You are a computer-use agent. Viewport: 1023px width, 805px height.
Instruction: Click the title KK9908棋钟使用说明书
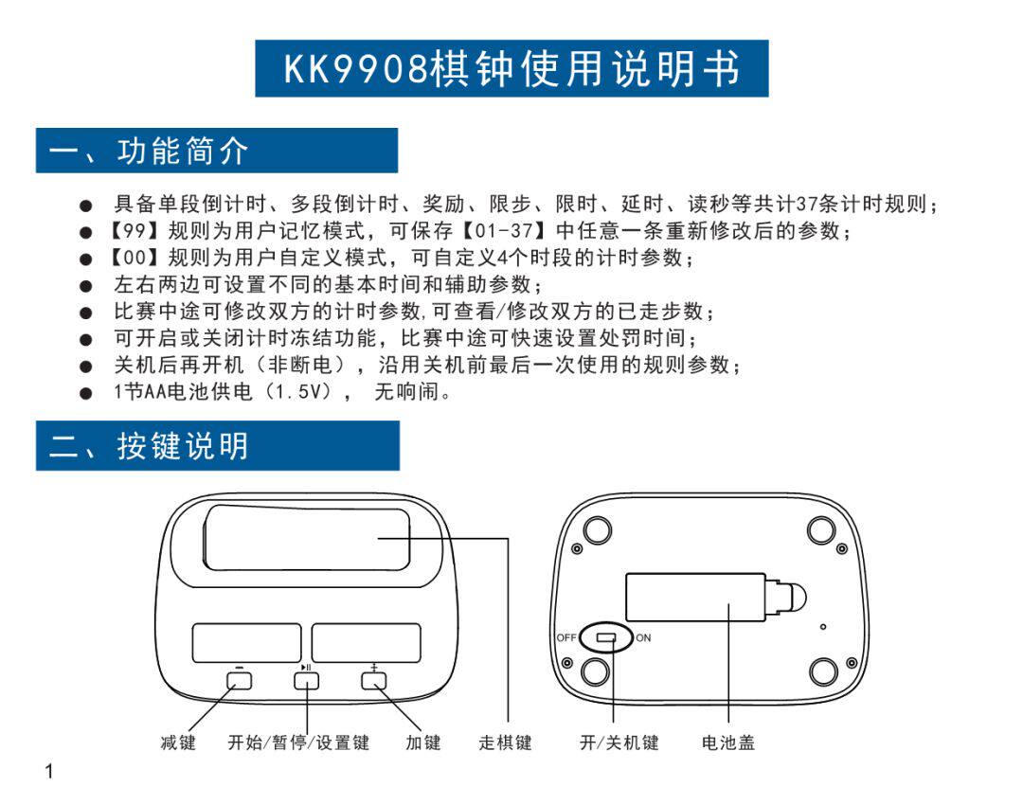pyautogui.click(x=511, y=68)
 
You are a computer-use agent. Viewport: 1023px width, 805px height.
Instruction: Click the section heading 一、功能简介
pyautogui.click(x=150, y=151)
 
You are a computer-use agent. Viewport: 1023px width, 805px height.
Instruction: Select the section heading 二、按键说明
pyautogui.click(x=150, y=446)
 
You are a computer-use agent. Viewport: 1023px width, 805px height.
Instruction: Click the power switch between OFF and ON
pyautogui.click(x=607, y=637)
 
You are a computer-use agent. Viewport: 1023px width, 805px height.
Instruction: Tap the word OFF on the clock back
pyautogui.click(x=565, y=637)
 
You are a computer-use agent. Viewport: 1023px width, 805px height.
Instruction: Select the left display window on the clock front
pyautogui.click(x=247, y=642)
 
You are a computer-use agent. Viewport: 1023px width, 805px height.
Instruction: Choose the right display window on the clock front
pyautogui.click(x=367, y=642)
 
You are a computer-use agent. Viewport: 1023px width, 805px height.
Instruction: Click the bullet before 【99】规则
pyautogui.click(x=86, y=231)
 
